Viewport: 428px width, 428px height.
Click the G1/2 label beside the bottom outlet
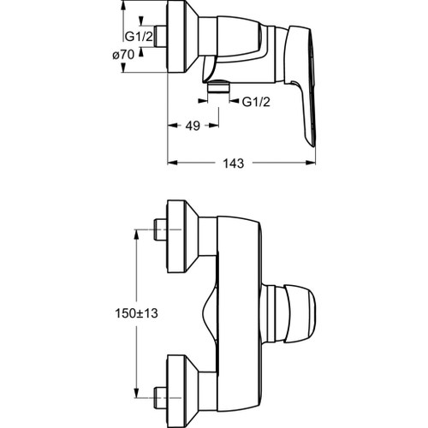pos(254,103)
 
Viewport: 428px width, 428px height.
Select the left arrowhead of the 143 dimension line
pos(169,162)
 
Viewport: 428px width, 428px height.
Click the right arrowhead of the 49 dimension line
pos(217,126)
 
